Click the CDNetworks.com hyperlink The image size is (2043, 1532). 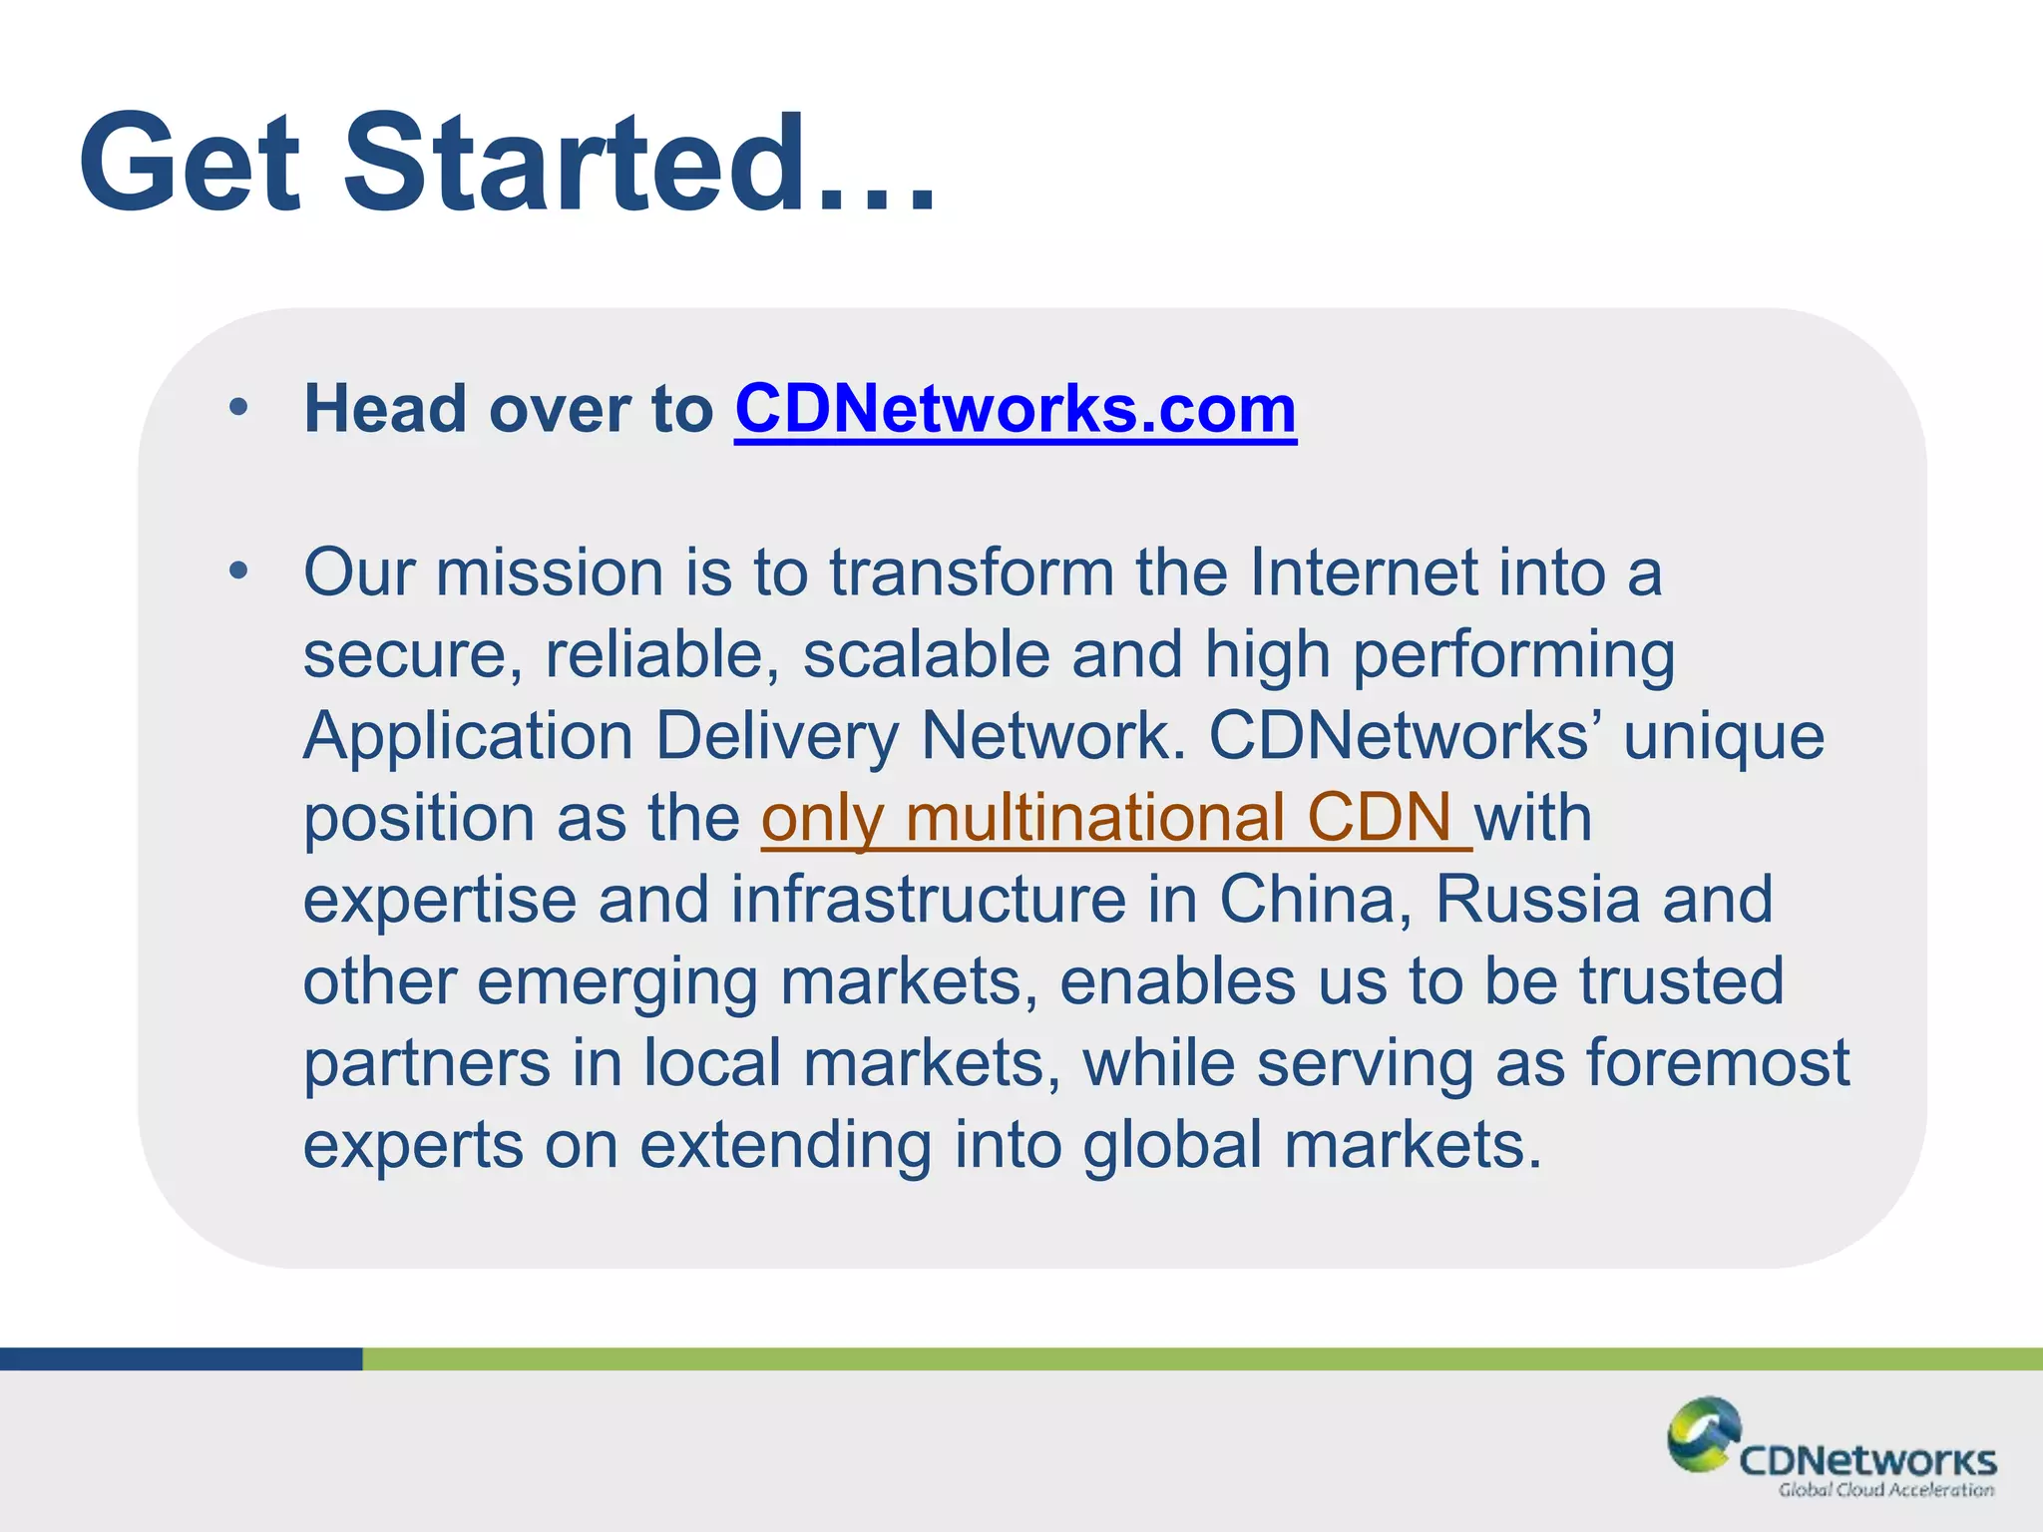[1015, 409]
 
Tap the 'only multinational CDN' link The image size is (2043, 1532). [1115, 818]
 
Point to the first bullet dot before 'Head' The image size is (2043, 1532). [237, 408]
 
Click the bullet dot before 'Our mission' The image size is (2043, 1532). [237, 572]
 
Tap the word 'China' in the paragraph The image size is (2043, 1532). [1315, 900]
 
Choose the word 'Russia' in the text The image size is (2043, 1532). [1537, 900]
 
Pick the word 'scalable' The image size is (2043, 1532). [927, 654]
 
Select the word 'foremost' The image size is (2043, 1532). [1718, 1063]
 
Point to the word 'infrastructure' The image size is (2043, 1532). [929, 900]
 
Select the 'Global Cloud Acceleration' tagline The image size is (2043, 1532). [1885, 1490]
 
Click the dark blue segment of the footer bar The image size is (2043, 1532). [181, 1358]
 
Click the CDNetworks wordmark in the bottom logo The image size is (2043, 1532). [1867, 1461]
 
